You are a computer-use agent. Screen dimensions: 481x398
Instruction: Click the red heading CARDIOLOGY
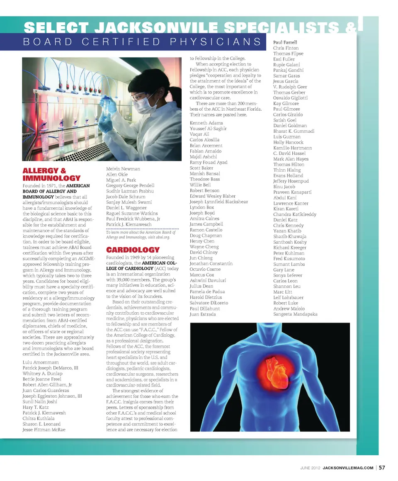click(133, 250)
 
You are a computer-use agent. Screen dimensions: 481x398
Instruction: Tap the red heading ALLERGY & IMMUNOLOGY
click(51, 174)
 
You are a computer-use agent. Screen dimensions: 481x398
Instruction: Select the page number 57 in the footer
click(382, 468)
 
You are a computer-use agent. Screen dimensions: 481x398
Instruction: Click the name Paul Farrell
click(285, 42)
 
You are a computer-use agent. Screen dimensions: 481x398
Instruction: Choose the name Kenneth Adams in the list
click(206, 123)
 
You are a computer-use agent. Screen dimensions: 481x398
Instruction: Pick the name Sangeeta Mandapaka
click(295, 314)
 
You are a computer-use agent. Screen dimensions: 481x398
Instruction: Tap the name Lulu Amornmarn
click(40, 362)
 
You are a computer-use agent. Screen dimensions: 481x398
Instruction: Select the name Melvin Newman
click(123, 169)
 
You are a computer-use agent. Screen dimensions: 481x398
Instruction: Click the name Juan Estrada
click(203, 314)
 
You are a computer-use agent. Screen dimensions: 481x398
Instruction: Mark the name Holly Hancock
click(288, 142)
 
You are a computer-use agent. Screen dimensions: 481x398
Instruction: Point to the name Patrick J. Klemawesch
click(129, 224)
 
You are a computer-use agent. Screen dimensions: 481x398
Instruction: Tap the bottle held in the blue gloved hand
click(111, 104)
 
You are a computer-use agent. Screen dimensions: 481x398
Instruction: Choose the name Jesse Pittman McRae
click(44, 430)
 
